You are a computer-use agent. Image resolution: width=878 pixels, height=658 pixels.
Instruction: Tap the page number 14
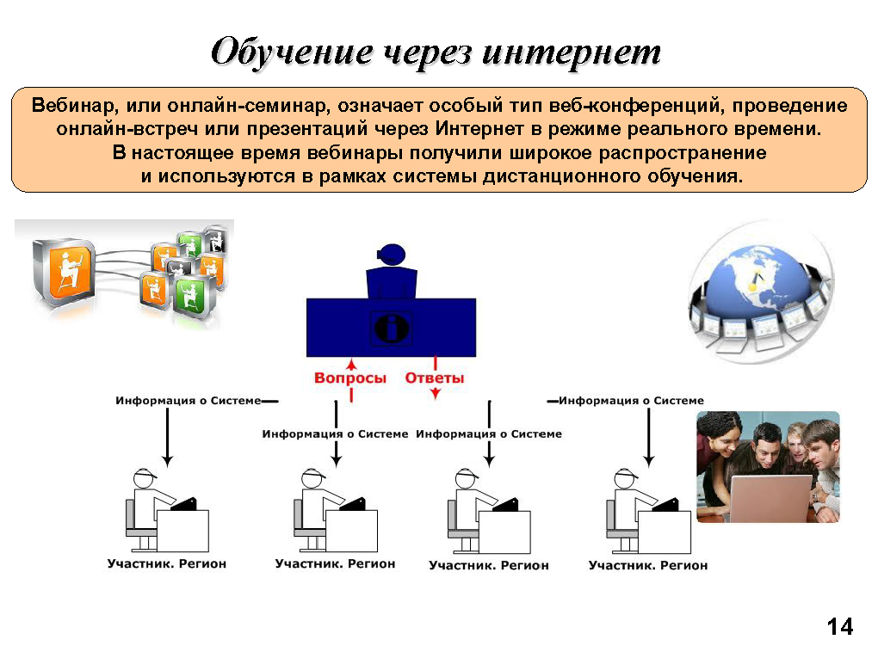[839, 626]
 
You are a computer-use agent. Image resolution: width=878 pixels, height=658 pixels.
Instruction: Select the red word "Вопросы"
[350, 378]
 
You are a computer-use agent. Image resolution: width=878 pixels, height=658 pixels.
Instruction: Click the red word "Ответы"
[435, 378]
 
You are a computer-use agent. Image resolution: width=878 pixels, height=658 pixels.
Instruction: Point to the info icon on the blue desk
[392, 328]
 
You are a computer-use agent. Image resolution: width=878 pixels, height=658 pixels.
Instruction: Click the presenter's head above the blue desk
[391, 254]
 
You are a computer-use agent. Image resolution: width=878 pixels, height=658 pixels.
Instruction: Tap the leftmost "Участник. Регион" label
[167, 564]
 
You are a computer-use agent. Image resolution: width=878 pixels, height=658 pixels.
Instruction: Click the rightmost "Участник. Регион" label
[648, 565]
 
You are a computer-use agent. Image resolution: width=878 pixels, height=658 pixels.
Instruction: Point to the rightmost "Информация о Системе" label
[631, 401]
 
